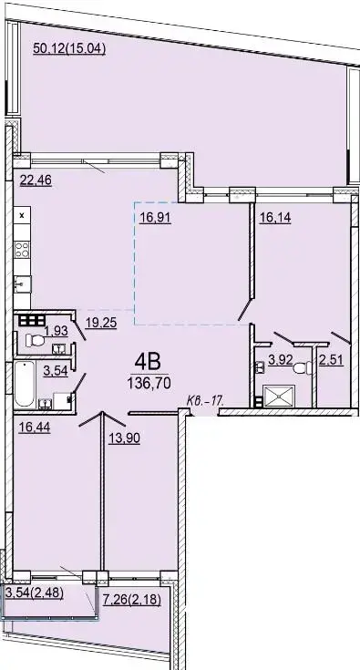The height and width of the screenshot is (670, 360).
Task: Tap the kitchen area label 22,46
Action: coord(36,180)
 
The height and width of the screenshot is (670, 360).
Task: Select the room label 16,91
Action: coord(156,219)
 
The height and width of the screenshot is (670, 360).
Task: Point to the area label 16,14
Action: coord(275,218)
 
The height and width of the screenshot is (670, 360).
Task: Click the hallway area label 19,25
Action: coord(101,323)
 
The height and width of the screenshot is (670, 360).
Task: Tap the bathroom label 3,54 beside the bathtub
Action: coord(56,370)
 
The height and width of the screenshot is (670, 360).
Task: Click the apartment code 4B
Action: coord(148,363)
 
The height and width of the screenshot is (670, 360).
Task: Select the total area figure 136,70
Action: coord(149,383)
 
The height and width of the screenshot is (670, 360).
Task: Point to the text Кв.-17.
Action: coord(205,401)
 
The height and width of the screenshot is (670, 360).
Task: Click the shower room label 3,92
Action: coord(280,360)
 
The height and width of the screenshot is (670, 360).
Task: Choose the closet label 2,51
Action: coord(331,360)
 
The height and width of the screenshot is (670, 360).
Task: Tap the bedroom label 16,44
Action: coord(35,428)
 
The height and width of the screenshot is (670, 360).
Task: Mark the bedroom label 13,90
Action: coord(124,438)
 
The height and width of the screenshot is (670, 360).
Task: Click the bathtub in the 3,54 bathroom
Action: coord(25,384)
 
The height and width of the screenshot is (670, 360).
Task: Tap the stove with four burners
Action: coord(22,250)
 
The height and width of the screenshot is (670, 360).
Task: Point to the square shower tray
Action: coord(279,396)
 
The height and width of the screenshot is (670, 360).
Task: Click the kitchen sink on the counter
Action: coord(22,283)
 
